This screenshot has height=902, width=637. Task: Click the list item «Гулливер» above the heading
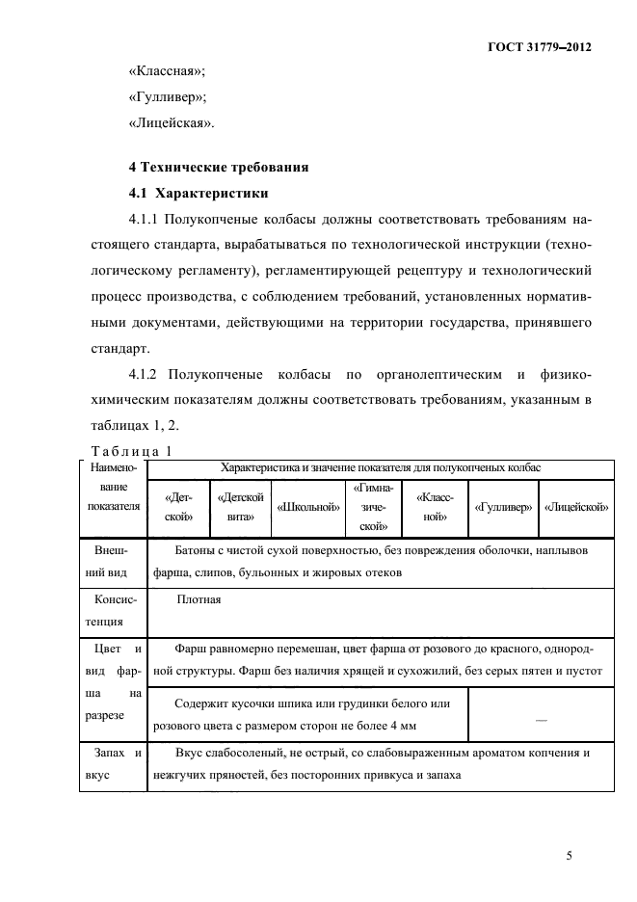click(x=168, y=97)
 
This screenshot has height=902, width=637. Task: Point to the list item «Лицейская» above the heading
click(x=173, y=123)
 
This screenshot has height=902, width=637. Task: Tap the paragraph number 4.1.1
click(x=147, y=219)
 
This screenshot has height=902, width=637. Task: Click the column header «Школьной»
click(x=308, y=506)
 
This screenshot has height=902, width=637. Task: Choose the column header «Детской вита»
click(x=241, y=506)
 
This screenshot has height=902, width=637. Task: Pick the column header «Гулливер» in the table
click(x=499, y=506)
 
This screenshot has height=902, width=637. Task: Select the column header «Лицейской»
click(x=575, y=506)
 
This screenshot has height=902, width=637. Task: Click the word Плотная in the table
click(x=199, y=599)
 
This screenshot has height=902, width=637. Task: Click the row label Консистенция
click(x=113, y=610)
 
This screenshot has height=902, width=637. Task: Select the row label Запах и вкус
click(x=113, y=762)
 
